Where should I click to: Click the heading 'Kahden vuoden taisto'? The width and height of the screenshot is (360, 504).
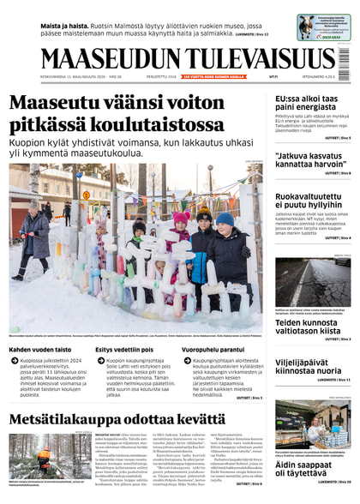pos(41,350)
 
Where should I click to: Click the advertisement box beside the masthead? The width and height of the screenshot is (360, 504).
pos(323,27)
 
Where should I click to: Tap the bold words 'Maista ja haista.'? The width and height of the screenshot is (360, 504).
pos(66,25)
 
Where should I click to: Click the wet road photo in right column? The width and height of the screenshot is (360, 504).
pos(312,284)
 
